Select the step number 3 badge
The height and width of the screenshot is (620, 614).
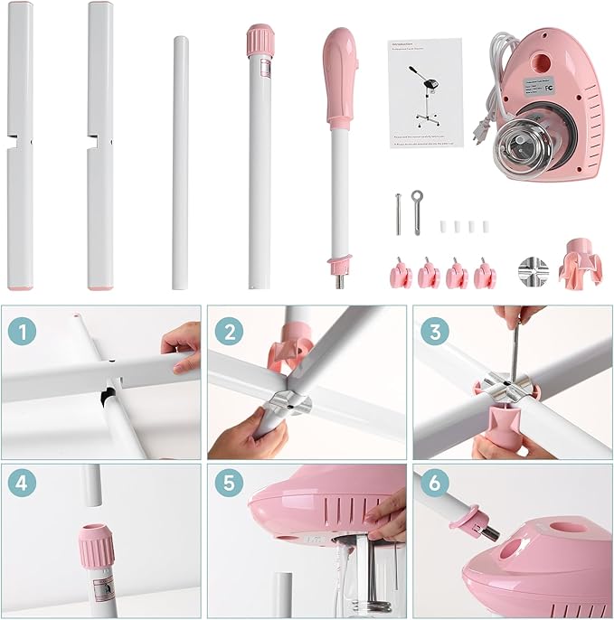pyautogui.click(x=434, y=332)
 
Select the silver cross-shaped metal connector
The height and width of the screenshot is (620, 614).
pyautogui.click(x=532, y=271)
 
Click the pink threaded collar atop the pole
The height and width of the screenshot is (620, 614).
pyautogui.click(x=260, y=41)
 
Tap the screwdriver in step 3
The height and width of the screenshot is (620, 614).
pyautogui.click(x=513, y=352)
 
